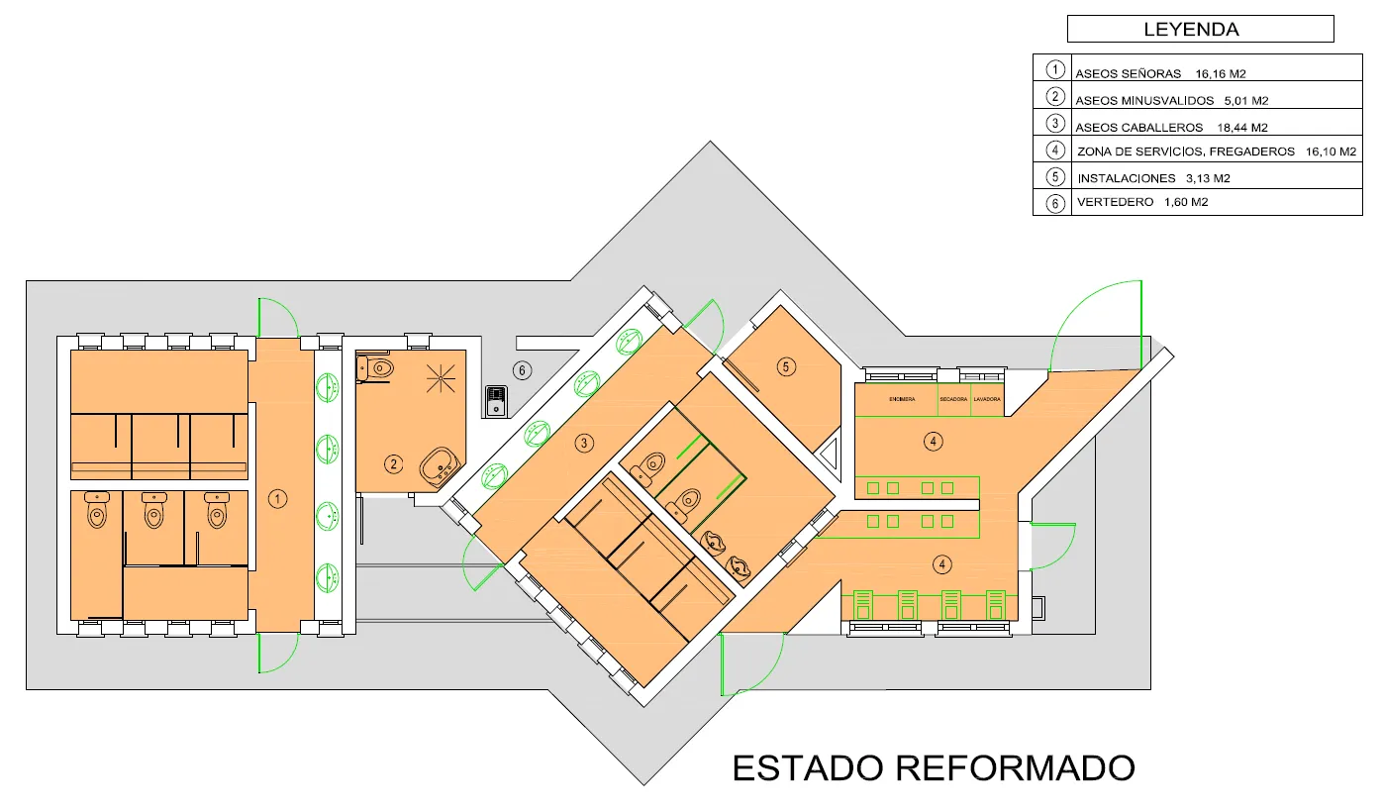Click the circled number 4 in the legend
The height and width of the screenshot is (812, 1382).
point(1055,151)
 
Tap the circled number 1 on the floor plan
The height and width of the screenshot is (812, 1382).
point(279,500)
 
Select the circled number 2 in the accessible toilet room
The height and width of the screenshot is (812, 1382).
point(394,463)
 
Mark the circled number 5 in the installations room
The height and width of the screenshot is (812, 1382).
point(786,367)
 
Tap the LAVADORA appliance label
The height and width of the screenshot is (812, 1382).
point(987,399)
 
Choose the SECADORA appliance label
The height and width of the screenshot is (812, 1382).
point(953,399)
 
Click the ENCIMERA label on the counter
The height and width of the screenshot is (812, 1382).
point(901,399)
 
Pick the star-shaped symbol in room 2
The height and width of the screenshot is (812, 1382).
point(440,377)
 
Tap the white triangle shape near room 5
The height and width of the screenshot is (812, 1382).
point(829,456)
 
